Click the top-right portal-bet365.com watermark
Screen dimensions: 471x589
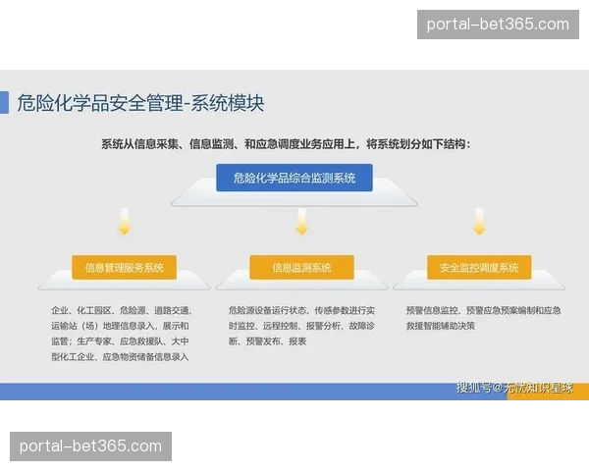[499, 24]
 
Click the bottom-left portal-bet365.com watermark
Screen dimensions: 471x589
[90, 446]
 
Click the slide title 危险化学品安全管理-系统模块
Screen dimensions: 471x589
[140, 103]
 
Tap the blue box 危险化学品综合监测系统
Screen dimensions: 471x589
[294, 178]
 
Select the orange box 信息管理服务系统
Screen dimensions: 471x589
[124, 267]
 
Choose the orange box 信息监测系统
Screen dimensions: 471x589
[300, 267]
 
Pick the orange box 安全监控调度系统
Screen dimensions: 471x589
[479, 267]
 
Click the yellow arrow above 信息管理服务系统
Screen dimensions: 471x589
[124, 223]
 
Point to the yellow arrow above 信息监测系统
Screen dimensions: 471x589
[301, 223]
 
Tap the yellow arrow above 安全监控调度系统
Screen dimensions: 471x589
[479, 223]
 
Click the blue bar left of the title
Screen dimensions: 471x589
[4, 103]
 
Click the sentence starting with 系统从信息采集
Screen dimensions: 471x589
[286, 144]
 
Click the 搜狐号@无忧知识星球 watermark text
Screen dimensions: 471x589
[520, 389]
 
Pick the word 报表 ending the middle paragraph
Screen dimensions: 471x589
[297, 340]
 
